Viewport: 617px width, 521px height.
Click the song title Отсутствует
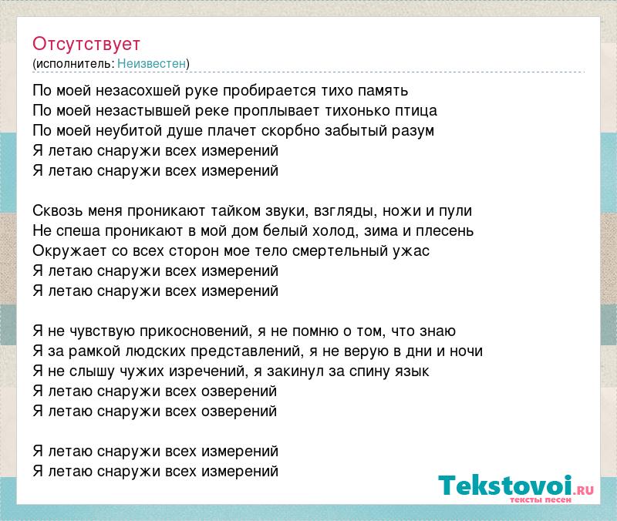[x=86, y=44]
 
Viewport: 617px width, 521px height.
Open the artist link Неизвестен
[x=151, y=63]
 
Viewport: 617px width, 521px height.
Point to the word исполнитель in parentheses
[x=75, y=63]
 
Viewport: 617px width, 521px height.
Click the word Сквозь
[x=57, y=211]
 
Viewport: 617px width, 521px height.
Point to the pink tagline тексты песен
[x=541, y=499]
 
